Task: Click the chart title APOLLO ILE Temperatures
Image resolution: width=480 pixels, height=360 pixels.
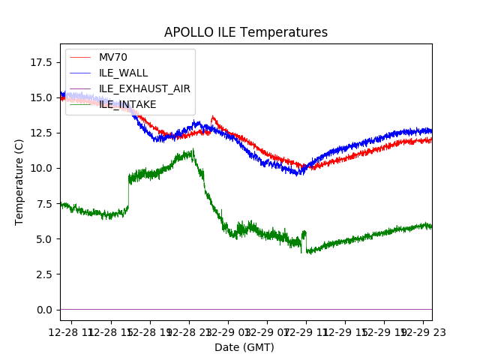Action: point(246,33)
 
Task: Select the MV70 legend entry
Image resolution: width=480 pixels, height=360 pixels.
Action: point(112,58)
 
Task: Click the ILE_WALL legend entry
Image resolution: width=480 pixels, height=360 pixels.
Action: point(123,73)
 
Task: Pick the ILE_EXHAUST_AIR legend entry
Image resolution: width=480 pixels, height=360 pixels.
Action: point(144,88)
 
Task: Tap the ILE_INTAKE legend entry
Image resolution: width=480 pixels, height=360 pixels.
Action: point(127,104)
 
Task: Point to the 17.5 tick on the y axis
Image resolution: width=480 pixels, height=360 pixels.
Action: point(41,62)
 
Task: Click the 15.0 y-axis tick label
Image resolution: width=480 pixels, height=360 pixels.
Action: point(41,97)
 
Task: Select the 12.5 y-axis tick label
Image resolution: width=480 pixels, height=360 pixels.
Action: point(41,133)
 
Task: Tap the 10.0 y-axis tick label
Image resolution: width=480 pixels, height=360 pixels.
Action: point(41,168)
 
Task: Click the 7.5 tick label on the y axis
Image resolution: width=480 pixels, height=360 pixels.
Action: point(44,203)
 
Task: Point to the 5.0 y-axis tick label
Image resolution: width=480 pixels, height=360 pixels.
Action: point(44,239)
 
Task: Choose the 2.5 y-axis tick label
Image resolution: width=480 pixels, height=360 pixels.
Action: point(44,274)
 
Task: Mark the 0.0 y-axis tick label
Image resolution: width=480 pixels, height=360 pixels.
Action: point(44,310)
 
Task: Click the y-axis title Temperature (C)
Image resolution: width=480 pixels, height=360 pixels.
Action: point(19,182)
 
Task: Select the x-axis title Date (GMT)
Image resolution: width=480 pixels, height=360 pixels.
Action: point(244,347)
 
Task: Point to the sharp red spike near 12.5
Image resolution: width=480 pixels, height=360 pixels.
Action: point(212,117)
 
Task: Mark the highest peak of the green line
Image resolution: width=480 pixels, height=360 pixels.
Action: point(193,150)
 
